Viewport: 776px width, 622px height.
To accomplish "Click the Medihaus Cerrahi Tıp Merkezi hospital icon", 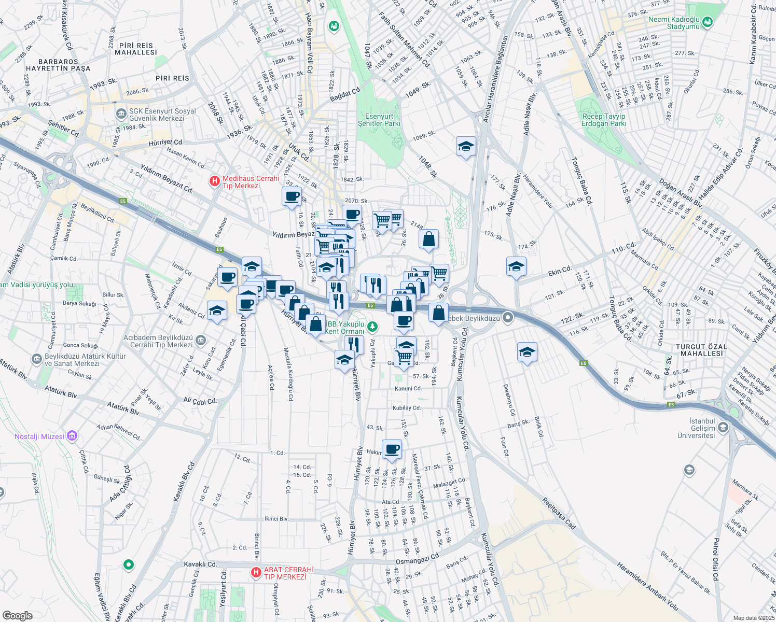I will (x=214, y=181).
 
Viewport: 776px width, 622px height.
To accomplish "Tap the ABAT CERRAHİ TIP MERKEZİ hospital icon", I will (x=256, y=573).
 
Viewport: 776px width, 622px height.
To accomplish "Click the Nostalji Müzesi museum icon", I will (x=72, y=436).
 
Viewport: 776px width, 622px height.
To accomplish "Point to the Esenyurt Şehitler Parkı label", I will (x=379, y=120).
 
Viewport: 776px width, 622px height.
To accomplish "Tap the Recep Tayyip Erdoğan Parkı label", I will (x=604, y=120).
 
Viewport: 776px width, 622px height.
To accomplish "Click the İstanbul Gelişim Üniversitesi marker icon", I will (x=723, y=428).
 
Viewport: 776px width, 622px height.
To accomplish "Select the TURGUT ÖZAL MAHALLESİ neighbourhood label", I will (x=701, y=350).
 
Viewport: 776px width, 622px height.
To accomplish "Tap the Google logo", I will (x=17, y=616).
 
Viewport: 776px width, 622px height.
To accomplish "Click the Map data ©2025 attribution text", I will (x=753, y=618).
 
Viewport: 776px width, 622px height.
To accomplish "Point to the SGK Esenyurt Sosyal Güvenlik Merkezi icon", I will (x=121, y=114).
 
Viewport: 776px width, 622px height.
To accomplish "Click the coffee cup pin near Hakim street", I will (x=392, y=449).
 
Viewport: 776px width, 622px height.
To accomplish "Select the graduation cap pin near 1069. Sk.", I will (x=466, y=147).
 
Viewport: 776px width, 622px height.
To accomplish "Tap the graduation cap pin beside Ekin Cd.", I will (x=516, y=267).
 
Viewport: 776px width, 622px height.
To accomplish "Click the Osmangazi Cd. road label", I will (x=418, y=559).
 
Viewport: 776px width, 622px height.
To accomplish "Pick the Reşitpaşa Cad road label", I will (x=559, y=513).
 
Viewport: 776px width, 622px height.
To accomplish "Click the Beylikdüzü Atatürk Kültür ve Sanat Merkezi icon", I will (x=36, y=359).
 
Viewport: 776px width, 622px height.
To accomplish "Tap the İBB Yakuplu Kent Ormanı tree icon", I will (x=372, y=327).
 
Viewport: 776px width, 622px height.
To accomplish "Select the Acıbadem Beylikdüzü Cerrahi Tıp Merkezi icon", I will (x=201, y=341).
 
